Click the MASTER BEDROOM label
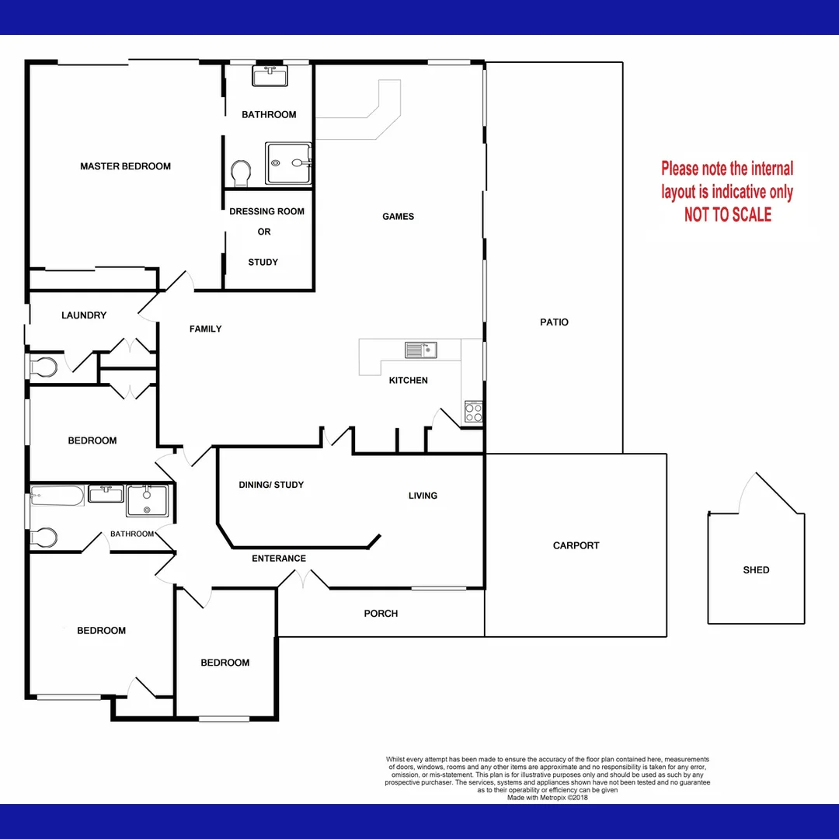125,166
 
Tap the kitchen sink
420,350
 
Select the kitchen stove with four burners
473,412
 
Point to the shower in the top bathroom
289,163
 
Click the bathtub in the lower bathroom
57,495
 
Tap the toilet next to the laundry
44,366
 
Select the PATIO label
555,322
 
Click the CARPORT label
576,545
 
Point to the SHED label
756,569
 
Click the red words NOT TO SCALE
728,215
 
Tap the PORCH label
381,614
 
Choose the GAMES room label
398,217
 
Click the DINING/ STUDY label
271,485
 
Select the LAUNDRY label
84,315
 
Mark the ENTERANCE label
279,559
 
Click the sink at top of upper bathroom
270,76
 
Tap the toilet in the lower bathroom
44,537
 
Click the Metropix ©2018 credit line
547,797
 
